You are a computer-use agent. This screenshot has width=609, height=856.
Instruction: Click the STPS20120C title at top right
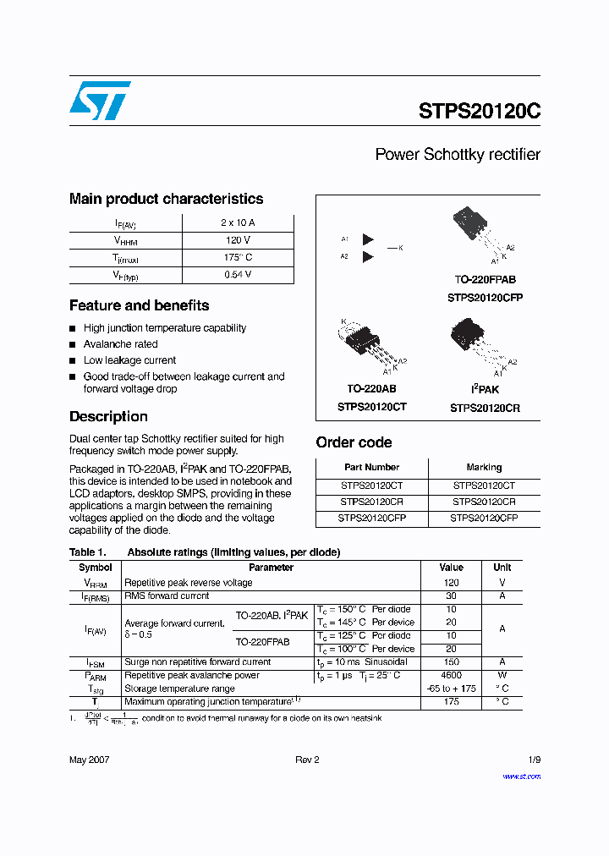479,112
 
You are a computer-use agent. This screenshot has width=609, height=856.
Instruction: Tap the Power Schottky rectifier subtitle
457,155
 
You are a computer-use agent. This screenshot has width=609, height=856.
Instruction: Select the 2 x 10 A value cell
238,222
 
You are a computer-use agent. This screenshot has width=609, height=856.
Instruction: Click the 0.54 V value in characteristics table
238,275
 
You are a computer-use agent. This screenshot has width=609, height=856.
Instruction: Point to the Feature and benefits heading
139,305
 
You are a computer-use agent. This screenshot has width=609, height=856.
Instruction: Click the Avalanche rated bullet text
120,344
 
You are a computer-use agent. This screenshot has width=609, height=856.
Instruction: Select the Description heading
108,416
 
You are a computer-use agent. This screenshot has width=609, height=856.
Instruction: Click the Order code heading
354,442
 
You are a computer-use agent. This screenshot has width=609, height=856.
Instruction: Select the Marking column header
484,467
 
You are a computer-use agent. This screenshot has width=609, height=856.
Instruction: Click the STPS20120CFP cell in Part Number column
371,518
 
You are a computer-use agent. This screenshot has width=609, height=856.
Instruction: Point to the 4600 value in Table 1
451,675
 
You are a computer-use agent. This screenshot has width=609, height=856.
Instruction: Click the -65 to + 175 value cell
451,689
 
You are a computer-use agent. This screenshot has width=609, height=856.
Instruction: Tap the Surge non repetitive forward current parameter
197,662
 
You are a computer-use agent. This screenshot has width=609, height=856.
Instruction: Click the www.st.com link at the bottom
521,776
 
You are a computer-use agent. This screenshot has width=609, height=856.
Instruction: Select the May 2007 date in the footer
89,760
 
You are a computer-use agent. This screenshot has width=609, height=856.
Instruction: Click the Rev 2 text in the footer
307,760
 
